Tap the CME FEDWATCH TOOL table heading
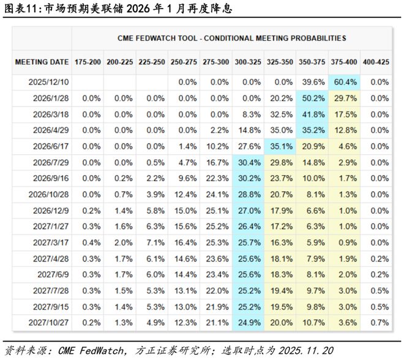point(231,38)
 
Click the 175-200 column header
point(88,62)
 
